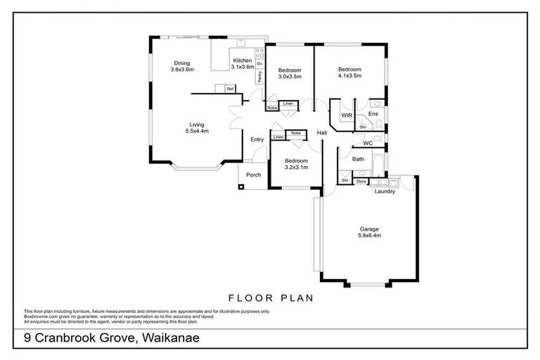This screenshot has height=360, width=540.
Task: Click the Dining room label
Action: (181, 66)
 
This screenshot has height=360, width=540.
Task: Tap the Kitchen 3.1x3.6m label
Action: (243, 64)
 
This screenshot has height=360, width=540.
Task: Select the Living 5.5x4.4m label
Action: (197, 128)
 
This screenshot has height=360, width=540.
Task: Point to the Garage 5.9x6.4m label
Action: (369, 233)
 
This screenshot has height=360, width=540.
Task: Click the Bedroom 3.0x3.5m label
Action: (289, 73)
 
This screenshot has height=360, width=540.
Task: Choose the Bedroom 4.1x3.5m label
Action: (349, 72)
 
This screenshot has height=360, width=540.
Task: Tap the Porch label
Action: (253, 175)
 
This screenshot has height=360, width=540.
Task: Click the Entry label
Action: (257, 139)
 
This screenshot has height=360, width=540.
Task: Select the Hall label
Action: (322, 133)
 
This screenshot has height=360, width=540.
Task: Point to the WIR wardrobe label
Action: (346, 115)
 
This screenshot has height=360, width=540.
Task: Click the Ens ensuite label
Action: (373, 114)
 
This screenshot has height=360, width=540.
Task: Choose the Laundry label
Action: (385, 191)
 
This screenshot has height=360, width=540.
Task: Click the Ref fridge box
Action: (229, 89)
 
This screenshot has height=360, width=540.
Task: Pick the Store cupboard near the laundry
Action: (361, 181)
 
